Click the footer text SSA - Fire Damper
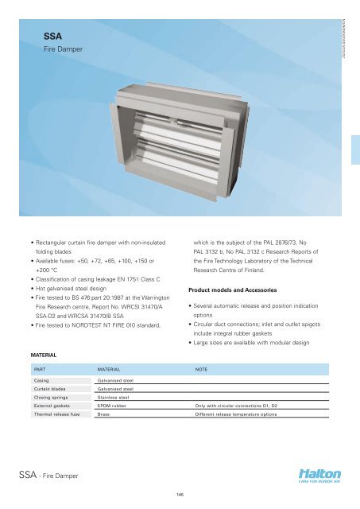[60, 475]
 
